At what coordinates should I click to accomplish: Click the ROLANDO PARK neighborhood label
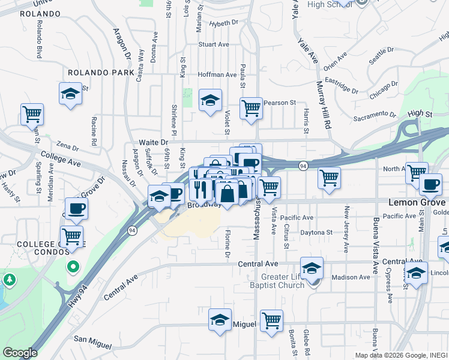pos(101,73)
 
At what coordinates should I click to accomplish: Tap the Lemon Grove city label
pos(418,203)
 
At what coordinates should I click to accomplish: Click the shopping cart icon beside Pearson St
pos(252,109)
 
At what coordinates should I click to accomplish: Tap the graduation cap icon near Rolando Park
pos(71,94)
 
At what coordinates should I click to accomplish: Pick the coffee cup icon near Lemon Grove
pos(430,184)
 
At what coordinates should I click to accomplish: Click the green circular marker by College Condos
pos(73,266)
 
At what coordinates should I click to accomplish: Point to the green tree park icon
pos(10,280)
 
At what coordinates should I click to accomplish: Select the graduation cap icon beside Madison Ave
pos(312,268)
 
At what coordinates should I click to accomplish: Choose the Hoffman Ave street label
pos(217,74)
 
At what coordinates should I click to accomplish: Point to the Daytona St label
pos(316,232)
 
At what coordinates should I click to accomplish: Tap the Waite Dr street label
pos(154,142)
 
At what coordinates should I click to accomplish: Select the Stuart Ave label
pos(214,44)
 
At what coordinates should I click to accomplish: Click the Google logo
pos(20,353)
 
